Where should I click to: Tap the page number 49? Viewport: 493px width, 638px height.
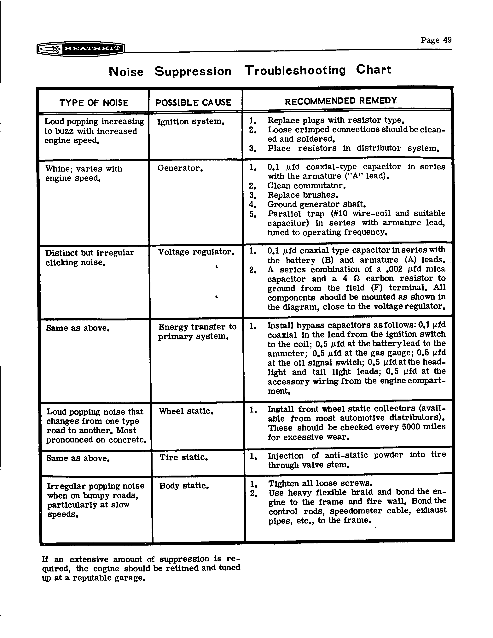point(447,40)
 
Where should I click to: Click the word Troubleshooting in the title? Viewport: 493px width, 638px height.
point(295,70)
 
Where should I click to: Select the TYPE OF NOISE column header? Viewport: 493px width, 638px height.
point(94,103)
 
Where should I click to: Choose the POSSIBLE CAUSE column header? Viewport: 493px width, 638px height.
point(193,102)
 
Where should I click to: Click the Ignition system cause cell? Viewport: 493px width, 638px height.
point(190,121)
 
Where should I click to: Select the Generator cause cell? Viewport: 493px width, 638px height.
point(180,168)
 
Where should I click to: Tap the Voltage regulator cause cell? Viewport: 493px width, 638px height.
point(196,252)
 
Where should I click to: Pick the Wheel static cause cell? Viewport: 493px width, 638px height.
point(186,411)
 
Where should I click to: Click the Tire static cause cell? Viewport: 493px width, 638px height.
point(183,457)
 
